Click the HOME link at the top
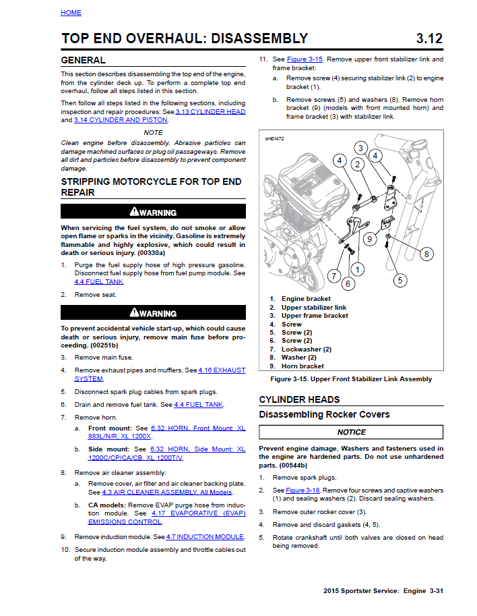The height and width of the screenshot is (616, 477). click(71, 12)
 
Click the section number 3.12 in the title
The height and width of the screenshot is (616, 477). click(429, 38)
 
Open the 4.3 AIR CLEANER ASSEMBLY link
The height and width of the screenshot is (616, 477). click(167, 492)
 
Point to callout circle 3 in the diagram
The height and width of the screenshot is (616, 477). click(361, 148)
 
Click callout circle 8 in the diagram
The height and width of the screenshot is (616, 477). click(426, 254)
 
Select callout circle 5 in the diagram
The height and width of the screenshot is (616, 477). click(400, 280)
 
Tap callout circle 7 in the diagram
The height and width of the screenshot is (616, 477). click(333, 275)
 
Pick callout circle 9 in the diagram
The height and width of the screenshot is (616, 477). click(369, 238)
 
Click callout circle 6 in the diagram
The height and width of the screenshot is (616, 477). click(348, 284)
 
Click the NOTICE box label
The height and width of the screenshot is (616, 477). click(351, 432)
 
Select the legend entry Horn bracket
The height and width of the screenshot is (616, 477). click(303, 366)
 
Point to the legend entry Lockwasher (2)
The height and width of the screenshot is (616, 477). click(306, 349)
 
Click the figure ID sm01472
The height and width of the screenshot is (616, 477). click(274, 138)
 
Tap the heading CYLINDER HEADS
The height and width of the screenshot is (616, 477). click(299, 399)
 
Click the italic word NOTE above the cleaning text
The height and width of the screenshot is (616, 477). click(153, 133)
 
